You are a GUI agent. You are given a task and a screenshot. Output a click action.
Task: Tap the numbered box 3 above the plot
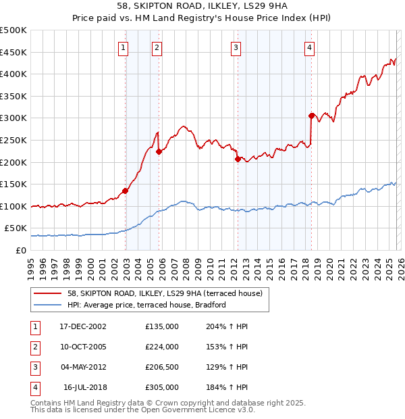click(x=236, y=47)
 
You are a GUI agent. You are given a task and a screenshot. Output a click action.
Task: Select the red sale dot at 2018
click(x=311, y=116)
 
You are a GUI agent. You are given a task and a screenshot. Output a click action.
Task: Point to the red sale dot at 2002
click(x=126, y=191)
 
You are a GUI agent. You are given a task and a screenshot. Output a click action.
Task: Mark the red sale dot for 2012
click(x=238, y=159)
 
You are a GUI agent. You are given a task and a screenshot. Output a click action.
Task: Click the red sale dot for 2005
click(x=159, y=151)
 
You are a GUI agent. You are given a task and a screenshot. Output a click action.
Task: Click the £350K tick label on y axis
click(x=13, y=96)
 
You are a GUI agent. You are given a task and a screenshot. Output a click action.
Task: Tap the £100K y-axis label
click(x=13, y=206)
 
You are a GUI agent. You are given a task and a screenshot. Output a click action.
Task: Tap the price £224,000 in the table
click(x=162, y=347)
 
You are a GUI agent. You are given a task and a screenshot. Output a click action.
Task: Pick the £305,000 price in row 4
click(x=162, y=387)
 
